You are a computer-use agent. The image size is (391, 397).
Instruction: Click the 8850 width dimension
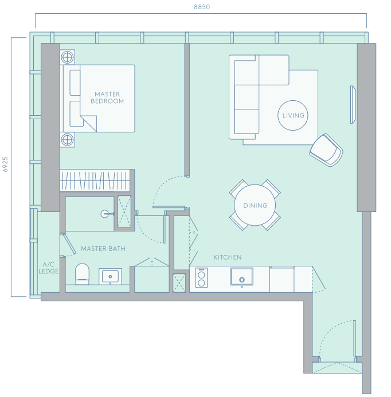[x=202, y=7]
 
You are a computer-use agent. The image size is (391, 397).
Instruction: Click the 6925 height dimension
[x=5, y=164]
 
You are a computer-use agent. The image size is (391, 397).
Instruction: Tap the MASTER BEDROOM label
[x=107, y=98]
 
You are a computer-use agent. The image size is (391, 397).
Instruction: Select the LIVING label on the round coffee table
[x=293, y=116]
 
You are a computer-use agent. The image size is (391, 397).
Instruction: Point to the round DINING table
[x=255, y=205]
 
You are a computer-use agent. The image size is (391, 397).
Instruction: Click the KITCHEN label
[x=227, y=257]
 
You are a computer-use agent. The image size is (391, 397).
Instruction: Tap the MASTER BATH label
[x=103, y=249]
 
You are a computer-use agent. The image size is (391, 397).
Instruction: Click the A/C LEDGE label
[x=48, y=268]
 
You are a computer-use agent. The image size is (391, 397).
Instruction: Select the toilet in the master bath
[x=83, y=274]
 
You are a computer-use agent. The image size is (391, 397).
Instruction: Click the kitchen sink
[x=241, y=277]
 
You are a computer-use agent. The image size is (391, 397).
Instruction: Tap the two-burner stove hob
[x=201, y=277]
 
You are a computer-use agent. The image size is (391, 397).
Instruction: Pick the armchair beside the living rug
[x=326, y=150]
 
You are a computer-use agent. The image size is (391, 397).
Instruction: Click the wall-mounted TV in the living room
[x=353, y=105]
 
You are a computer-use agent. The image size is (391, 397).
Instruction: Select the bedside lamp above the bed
[x=68, y=57]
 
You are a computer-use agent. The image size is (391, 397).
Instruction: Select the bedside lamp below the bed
[x=68, y=140]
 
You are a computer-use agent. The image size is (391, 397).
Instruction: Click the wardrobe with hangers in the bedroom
[x=95, y=180]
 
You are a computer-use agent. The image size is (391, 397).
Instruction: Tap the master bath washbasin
[x=110, y=276]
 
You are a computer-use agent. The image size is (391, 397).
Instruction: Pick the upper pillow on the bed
[x=75, y=82]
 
